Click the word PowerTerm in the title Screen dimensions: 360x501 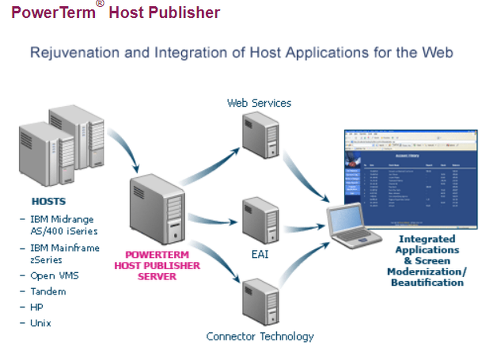point(53,12)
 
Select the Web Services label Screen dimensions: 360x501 point(259,103)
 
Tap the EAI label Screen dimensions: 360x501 point(260,254)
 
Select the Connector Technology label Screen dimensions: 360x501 point(260,336)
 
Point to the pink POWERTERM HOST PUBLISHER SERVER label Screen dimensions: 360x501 point(157,266)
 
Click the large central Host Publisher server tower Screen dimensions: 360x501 point(157,208)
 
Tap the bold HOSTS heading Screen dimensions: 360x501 point(49,202)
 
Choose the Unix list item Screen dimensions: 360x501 point(41,323)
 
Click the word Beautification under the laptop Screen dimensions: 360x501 point(427,282)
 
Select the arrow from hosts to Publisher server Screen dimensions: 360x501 point(125,148)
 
